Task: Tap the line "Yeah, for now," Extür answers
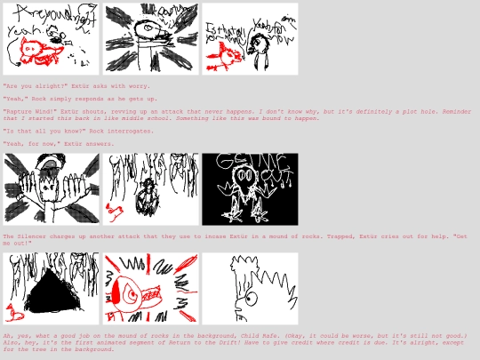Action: pos(58,143)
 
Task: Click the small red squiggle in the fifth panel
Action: pos(114,211)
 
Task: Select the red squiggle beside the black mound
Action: pos(14,312)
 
